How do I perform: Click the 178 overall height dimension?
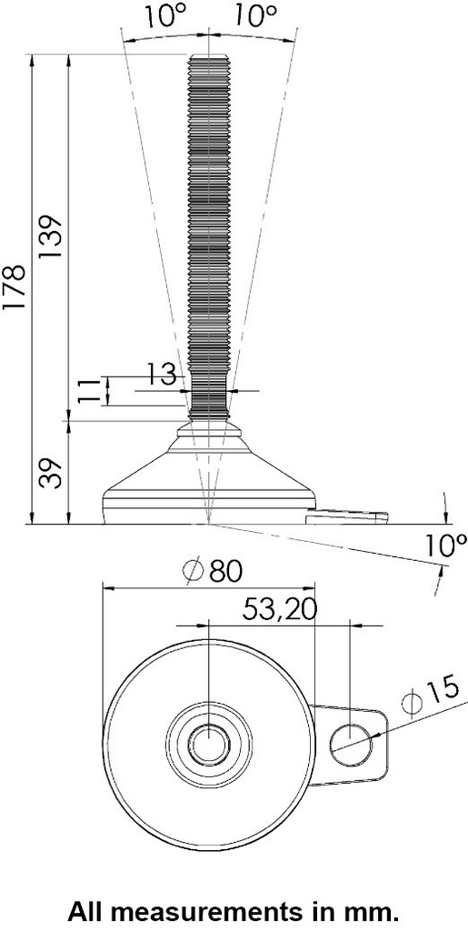click(15, 290)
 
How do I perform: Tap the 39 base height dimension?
click(51, 473)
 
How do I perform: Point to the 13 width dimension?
click(161, 374)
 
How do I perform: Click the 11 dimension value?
click(88, 391)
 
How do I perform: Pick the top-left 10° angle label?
click(164, 15)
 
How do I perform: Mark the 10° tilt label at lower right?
click(445, 546)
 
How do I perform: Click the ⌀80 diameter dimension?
click(214, 572)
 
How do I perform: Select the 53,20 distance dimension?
click(279, 609)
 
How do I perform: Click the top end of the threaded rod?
click(208, 60)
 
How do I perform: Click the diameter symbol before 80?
click(193, 572)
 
